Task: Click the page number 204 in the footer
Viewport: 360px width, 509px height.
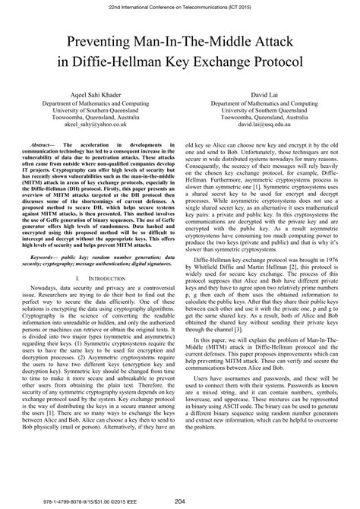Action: pyautogui.click(x=180, y=500)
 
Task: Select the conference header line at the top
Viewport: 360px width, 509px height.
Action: pyautogui.click(x=180, y=6)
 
